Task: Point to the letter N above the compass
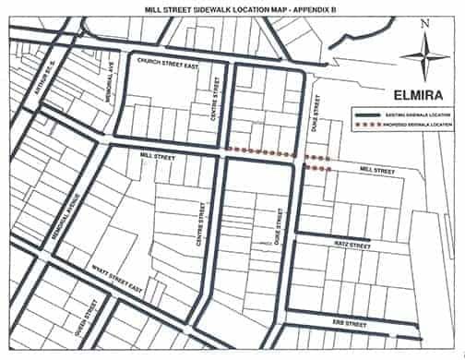tap(423, 25)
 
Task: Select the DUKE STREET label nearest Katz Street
tap(276, 224)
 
